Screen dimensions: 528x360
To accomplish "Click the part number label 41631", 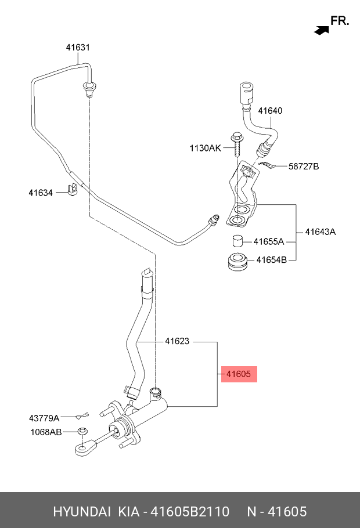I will coord(78,48).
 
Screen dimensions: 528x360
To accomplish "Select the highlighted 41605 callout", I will coord(238,374).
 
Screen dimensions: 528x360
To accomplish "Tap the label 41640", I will coord(270,111).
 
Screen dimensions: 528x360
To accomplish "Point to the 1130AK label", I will coord(205,149).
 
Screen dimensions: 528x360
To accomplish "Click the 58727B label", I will coord(304,167).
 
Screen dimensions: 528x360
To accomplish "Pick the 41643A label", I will coord(321,232).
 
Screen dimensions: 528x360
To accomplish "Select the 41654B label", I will coord(271,259).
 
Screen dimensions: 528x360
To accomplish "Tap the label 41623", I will coord(177,342).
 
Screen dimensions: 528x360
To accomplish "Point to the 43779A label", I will coord(44,418).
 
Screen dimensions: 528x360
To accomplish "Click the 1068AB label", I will coord(45,432).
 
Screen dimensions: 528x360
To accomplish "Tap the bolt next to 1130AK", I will coord(236,142).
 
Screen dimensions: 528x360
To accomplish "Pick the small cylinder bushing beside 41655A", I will coord(236,241).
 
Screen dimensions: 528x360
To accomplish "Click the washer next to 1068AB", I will coord(82,432).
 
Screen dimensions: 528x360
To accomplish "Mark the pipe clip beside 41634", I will coord(73,189).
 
